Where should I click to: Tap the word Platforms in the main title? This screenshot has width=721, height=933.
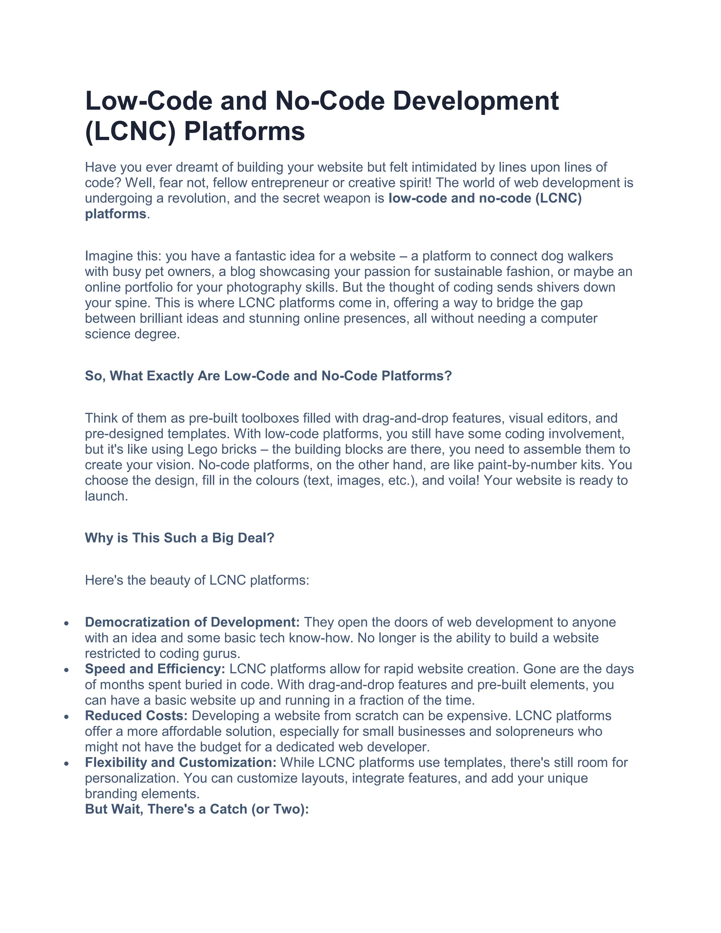[244, 131]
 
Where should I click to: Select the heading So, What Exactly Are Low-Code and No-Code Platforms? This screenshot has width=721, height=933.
[268, 376]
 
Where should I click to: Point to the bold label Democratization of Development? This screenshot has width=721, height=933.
[192, 622]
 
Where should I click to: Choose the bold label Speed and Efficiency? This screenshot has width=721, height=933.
[155, 669]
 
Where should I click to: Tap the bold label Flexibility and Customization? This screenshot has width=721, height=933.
[181, 762]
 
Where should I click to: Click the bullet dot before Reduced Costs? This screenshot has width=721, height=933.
[66, 717]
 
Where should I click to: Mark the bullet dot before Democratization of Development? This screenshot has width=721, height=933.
[66, 623]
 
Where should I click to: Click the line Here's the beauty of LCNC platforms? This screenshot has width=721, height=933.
[197, 580]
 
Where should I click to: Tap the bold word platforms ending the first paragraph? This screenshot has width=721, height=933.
[115, 214]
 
